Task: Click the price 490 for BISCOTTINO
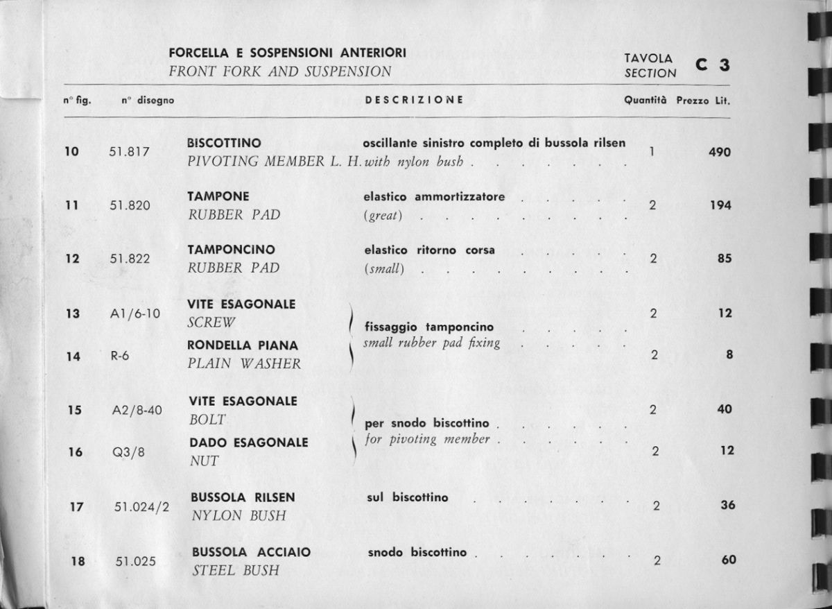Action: tap(719, 153)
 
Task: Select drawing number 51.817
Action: tap(130, 153)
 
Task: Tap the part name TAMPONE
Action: tap(218, 196)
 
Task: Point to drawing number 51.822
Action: tap(130, 259)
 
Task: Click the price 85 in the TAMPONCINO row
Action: tap(725, 259)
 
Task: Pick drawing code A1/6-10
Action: tap(135, 314)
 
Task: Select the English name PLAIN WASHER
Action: tap(245, 363)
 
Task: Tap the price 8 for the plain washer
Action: tap(728, 354)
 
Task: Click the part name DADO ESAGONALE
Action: tap(250, 443)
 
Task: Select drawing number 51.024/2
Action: tap(142, 506)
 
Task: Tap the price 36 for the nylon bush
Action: tap(727, 506)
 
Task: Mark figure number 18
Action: tap(77, 562)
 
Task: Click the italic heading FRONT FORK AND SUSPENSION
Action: tap(280, 71)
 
